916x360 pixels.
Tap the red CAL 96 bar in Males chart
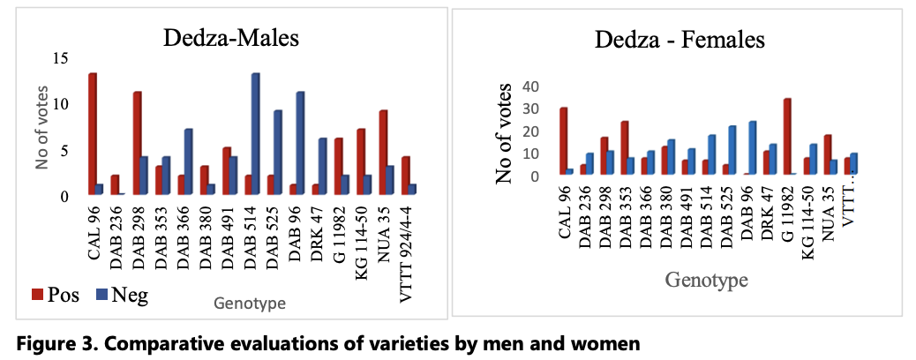click(92, 133)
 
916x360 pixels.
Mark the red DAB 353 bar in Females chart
click(624, 147)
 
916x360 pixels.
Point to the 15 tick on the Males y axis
click(62, 58)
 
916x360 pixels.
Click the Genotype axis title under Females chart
click(707, 281)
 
